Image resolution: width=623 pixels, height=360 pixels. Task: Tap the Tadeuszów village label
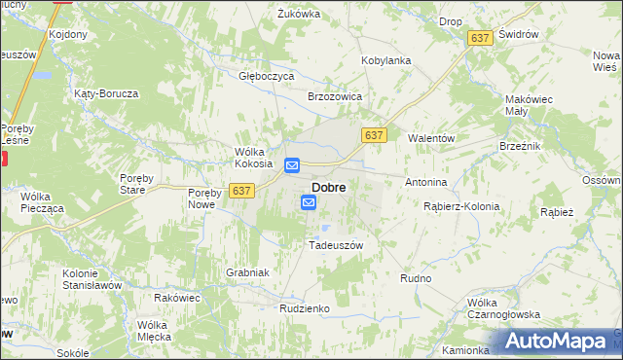click(335, 245)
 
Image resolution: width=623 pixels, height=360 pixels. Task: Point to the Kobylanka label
click(386, 60)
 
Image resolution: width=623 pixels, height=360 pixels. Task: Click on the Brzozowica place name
click(335, 97)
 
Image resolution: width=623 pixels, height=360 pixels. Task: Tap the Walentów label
click(431, 138)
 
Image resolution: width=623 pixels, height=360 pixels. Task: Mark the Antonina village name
click(425, 182)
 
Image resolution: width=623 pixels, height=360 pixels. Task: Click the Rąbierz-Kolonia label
click(461, 206)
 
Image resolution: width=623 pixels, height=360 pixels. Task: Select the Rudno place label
click(416, 278)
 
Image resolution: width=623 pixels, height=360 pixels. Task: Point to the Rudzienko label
click(305, 307)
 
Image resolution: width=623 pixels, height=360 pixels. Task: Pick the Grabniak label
click(247, 272)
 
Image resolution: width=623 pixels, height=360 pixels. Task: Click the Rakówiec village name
click(176, 297)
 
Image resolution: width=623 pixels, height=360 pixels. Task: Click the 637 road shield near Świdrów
click(478, 37)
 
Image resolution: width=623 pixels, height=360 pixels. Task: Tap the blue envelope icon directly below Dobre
click(309, 202)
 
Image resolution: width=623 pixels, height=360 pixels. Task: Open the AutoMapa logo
click(559, 342)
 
